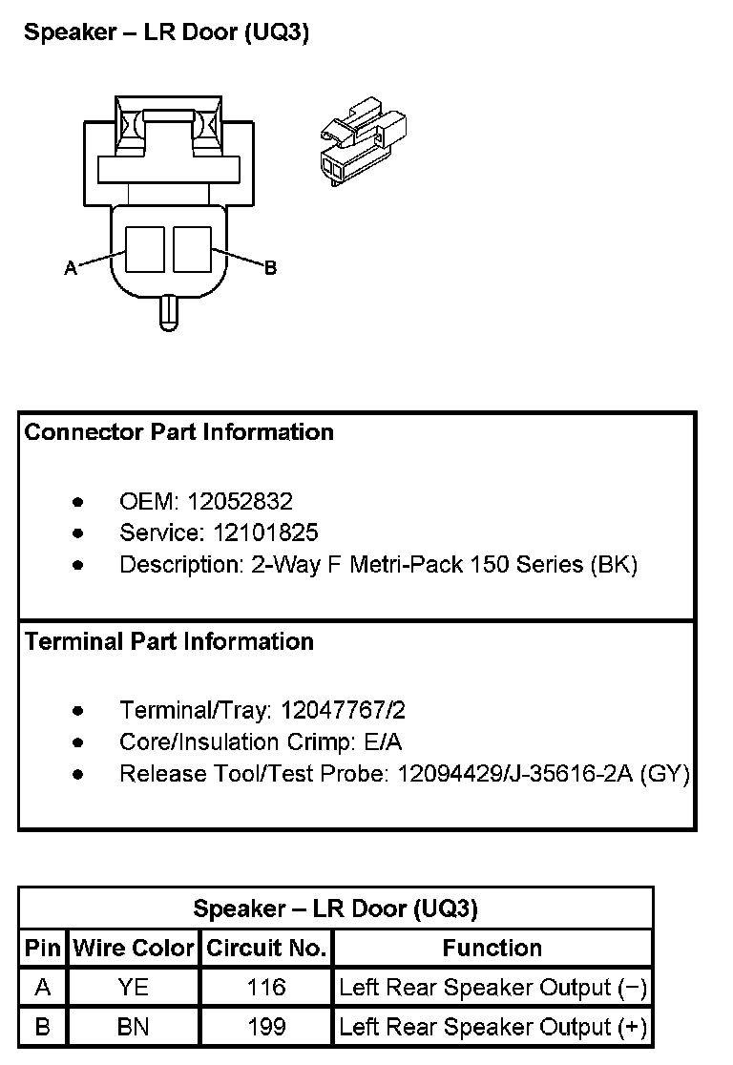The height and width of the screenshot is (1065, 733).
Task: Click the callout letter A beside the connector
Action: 71,269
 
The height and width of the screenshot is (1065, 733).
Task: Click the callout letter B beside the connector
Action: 270,268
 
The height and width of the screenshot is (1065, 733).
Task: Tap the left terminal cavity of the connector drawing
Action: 146,247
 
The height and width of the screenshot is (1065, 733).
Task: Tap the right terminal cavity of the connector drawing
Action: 192,247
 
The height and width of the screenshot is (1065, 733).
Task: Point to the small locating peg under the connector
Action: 168,312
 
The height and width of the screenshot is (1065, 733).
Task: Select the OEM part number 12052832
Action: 240,501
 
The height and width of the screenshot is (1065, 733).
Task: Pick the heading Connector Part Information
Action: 179,432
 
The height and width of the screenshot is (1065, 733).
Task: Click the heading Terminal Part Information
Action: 170,641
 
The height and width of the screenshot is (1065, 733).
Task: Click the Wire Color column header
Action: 134,949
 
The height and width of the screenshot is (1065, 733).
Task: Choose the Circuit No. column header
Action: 266,949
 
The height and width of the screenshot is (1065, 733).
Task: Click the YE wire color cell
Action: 134,988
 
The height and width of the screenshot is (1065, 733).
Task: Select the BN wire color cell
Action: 134,1027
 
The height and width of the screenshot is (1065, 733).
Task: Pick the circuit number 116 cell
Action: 266,988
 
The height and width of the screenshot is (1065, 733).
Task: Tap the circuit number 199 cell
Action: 266,1027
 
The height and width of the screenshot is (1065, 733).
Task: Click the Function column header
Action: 492,949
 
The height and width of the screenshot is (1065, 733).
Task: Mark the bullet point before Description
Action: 77,565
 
